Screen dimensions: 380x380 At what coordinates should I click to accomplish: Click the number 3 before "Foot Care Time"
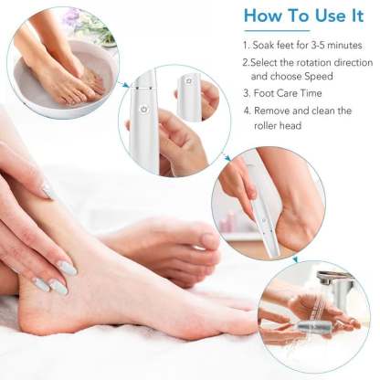[x=246, y=93]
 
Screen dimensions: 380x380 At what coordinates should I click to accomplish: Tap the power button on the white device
[x=142, y=108]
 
